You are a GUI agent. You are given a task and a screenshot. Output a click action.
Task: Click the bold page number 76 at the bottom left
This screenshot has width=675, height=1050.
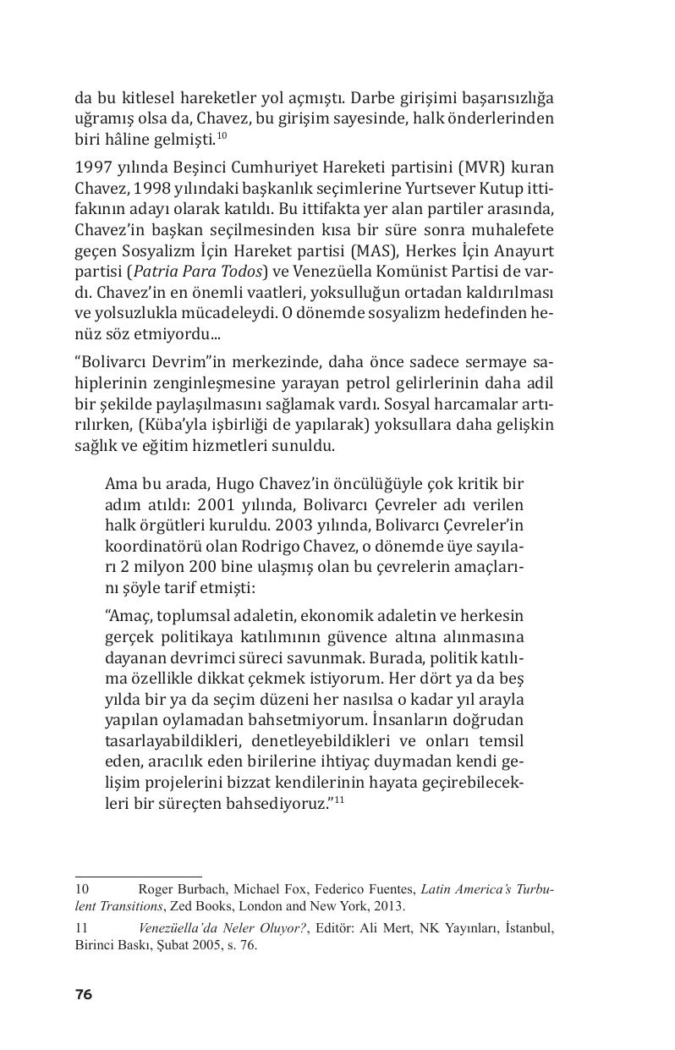pos(83,994)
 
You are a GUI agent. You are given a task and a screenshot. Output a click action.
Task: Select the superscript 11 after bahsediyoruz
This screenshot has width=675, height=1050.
pos(338,800)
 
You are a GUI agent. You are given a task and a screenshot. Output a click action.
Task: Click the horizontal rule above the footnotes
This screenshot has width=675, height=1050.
pos(138,877)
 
